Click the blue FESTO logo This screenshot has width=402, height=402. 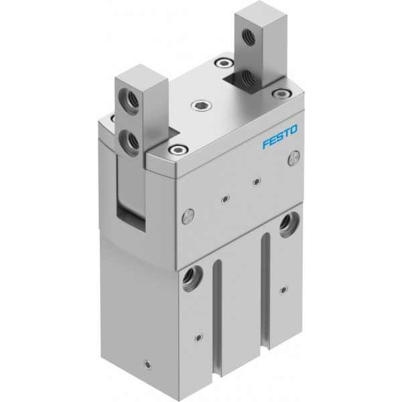click(x=279, y=137)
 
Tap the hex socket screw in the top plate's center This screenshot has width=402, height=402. click(x=201, y=105)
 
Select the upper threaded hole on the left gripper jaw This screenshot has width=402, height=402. click(x=129, y=98)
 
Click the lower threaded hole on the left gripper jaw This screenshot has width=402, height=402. click(x=129, y=139)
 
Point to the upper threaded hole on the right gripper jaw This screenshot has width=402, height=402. click(x=249, y=36)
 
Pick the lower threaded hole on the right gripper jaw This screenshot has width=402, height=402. click(x=248, y=78)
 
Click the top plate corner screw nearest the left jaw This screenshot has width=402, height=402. click(x=177, y=149)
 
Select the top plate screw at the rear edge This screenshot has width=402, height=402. click(x=223, y=63)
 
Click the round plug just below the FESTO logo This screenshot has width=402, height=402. click(x=294, y=159)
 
